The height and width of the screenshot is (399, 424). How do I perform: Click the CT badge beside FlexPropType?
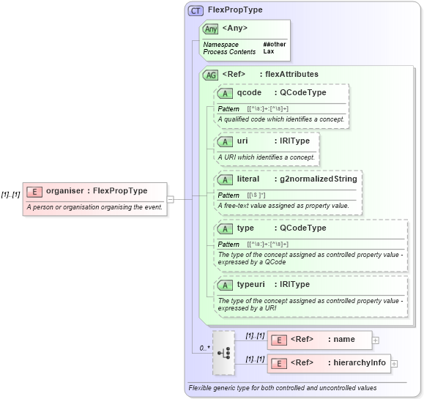pyautogui.click(x=196, y=10)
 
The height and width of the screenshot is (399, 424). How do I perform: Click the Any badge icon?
pyautogui.click(x=210, y=29)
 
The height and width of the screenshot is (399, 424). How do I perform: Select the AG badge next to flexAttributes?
pyautogui.click(x=210, y=74)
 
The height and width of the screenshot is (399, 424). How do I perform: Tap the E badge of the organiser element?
pyautogui.click(x=34, y=191)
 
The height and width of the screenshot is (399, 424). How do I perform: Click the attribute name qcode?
pyautogui.click(x=249, y=92)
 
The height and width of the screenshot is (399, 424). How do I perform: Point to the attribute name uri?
pyautogui.click(x=242, y=141)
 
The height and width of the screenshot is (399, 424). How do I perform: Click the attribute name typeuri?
pyautogui.click(x=253, y=284)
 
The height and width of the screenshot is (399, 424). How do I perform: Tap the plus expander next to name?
pyautogui.click(x=376, y=340)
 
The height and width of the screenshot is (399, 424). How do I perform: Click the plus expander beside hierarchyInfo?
pyautogui.click(x=394, y=363)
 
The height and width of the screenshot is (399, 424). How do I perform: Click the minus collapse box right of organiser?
pyautogui.click(x=170, y=198)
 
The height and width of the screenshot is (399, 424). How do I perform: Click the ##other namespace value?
pyautogui.click(x=275, y=45)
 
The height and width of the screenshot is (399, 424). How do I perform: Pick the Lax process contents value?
pyautogui.click(x=269, y=52)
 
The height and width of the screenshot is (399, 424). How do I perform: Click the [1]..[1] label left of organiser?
pyautogui.click(x=10, y=194)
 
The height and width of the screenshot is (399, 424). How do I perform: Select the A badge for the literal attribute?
pyautogui.click(x=226, y=179)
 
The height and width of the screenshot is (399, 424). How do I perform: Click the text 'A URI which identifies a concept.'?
pyautogui.click(x=267, y=157)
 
